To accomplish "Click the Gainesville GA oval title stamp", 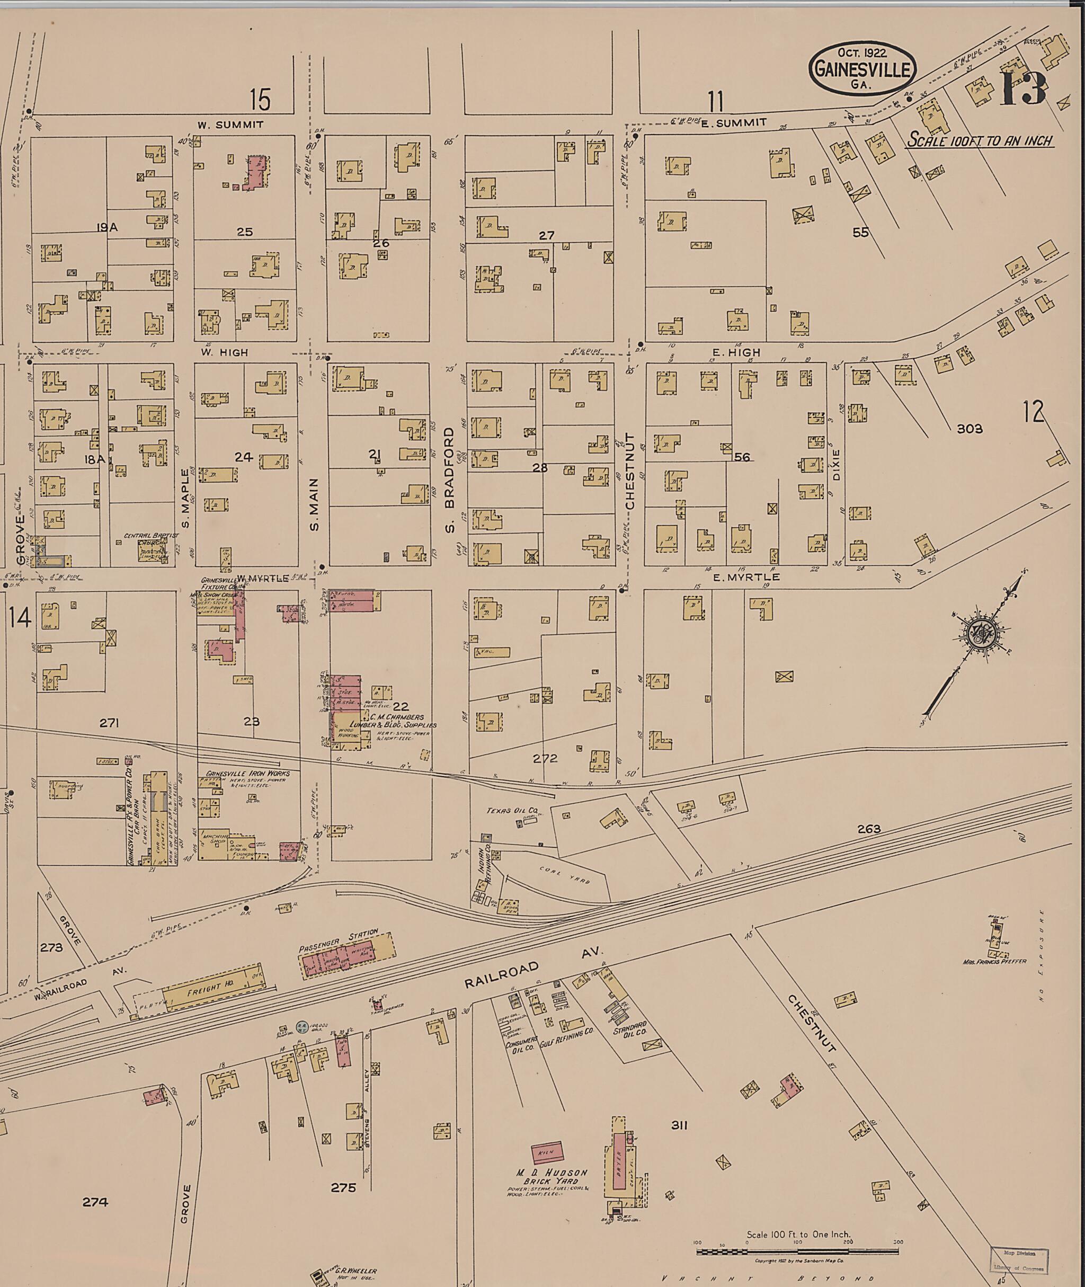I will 862,69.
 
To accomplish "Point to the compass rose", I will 979,633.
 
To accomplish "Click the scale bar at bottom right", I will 797,1252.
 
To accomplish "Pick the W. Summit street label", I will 230,125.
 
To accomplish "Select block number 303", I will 970,429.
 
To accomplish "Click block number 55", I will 860,233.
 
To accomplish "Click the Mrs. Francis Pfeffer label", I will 994,962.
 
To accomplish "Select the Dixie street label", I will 836,465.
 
